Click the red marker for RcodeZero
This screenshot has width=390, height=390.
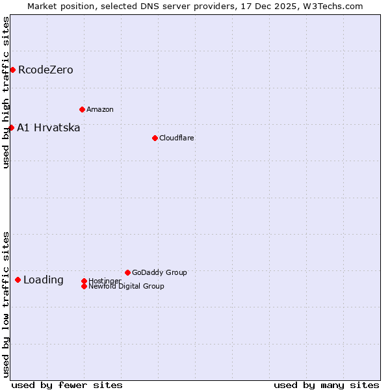coord(12,70)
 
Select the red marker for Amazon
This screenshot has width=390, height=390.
coord(82,109)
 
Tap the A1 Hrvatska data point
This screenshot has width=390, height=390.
coord(11,127)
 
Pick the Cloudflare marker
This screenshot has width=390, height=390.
coord(155,138)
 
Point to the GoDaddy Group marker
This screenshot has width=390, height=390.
coord(127,272)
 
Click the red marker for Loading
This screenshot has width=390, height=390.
coord(18,279)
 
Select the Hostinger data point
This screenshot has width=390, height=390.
coord(84,281)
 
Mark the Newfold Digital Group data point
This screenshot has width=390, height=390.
coord(84,286)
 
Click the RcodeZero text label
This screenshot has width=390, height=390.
coord(45,70)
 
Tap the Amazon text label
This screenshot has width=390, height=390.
coord(100,109)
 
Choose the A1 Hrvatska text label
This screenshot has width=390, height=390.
coord(49,127)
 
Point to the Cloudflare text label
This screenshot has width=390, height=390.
coord(177,138)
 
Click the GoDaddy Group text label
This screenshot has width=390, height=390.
coord(159,272)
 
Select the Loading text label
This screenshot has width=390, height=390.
coord(44,280)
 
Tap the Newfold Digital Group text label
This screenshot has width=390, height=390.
coord(127,286)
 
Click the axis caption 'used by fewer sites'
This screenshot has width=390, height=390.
coord(67,385)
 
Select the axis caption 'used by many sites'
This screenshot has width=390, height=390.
coord(326,385)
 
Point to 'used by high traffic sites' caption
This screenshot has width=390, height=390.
coord(6,92)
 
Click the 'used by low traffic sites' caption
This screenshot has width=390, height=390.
coord(6,304)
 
